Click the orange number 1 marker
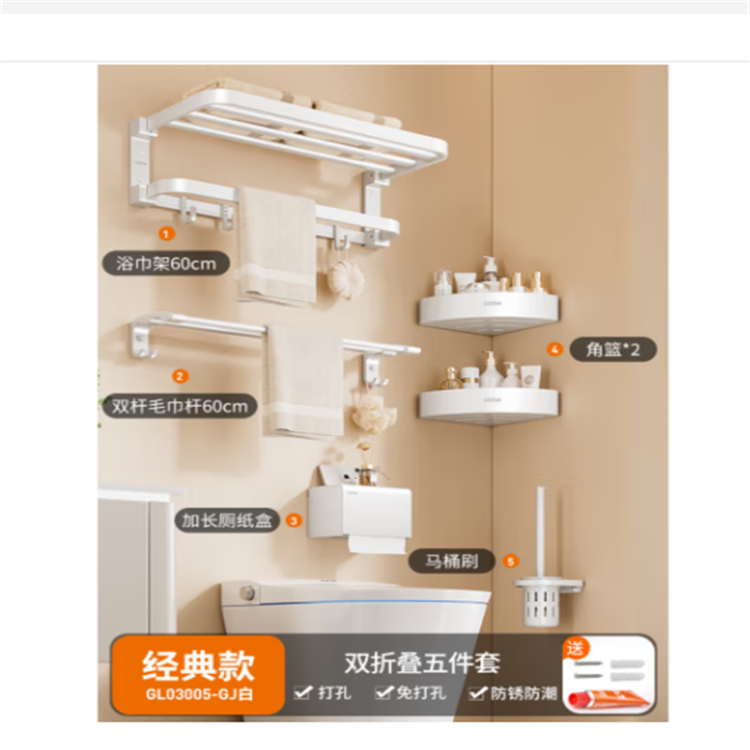click(x=166, y=233)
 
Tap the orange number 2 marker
click(x=180, y=377)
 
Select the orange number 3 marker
click(x=293, y=520)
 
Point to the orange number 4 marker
click(x=555, y=349)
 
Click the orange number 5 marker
click(x=511, y=561)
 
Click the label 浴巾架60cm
click(x=166, y=263)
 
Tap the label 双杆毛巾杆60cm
click(x=180, y=407)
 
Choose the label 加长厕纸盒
click(x=227, y=520)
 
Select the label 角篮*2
click(x=613, y=350)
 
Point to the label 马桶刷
click(x=452, y=561)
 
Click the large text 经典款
click(x=199, y=666)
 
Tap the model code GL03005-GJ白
click(x=199, y=694)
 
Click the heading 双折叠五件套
click(x=422, y=663)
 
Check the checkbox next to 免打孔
click(x=384, y=692)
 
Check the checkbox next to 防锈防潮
click(x=477, y=693)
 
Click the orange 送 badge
click(x=576, y=649)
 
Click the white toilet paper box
click(x=360, y=512)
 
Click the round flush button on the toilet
click(x=247, y=593)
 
